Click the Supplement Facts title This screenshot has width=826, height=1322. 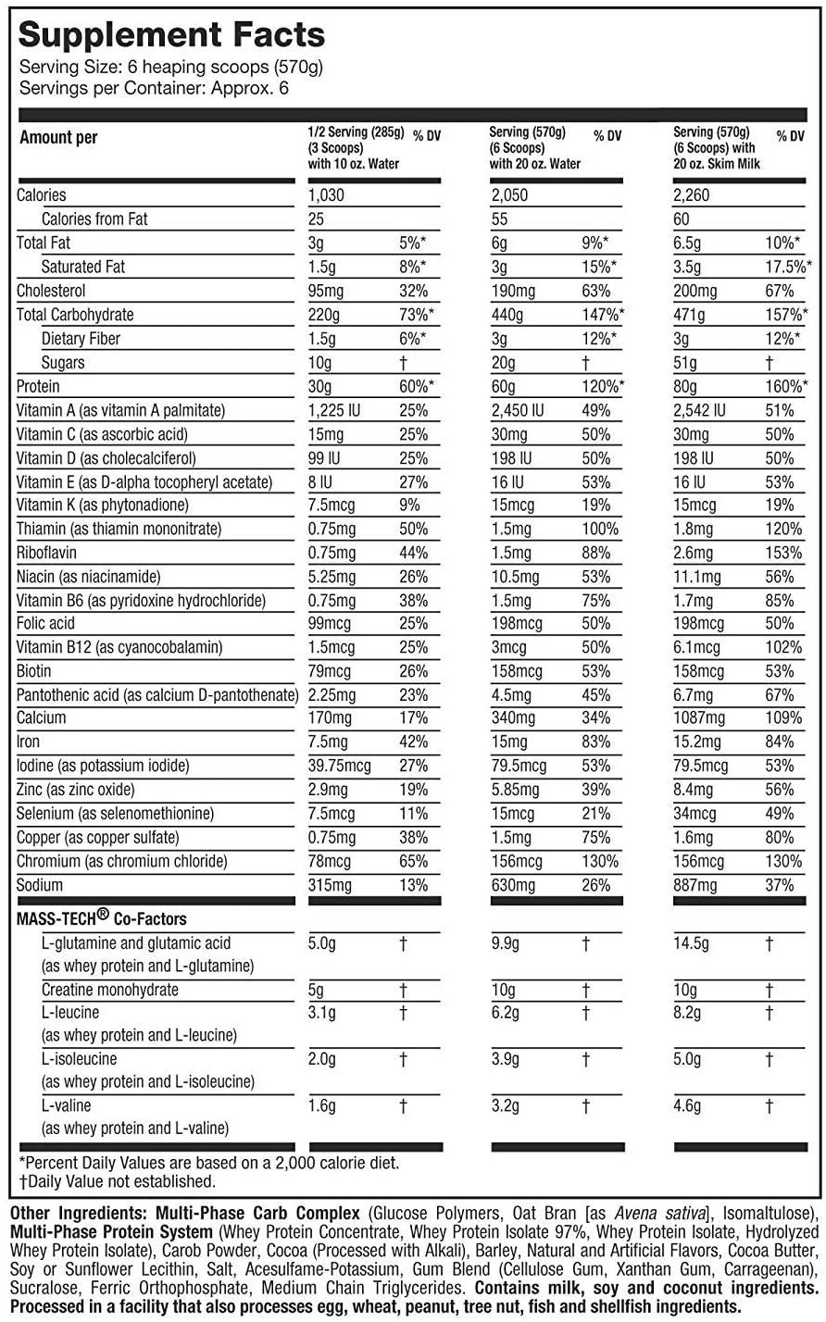(172, 35)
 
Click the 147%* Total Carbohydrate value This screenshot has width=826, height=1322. (603, 315)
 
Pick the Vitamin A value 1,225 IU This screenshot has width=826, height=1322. (333, 410)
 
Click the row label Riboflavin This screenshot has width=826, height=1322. (46, 553)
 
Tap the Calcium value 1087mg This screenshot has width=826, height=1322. (699, 717)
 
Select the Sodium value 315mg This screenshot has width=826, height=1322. (330, 886)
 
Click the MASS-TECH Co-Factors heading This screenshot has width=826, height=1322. (102, 918)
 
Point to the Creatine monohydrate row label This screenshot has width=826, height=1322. (110, 990)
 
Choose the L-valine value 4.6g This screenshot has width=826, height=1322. (687, 1105)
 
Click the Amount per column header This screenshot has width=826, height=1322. (58, 138)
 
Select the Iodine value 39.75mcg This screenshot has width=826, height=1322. (339, 766)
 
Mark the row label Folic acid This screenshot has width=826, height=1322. (45, 623)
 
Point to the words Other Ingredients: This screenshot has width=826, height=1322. (79, 1214)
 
